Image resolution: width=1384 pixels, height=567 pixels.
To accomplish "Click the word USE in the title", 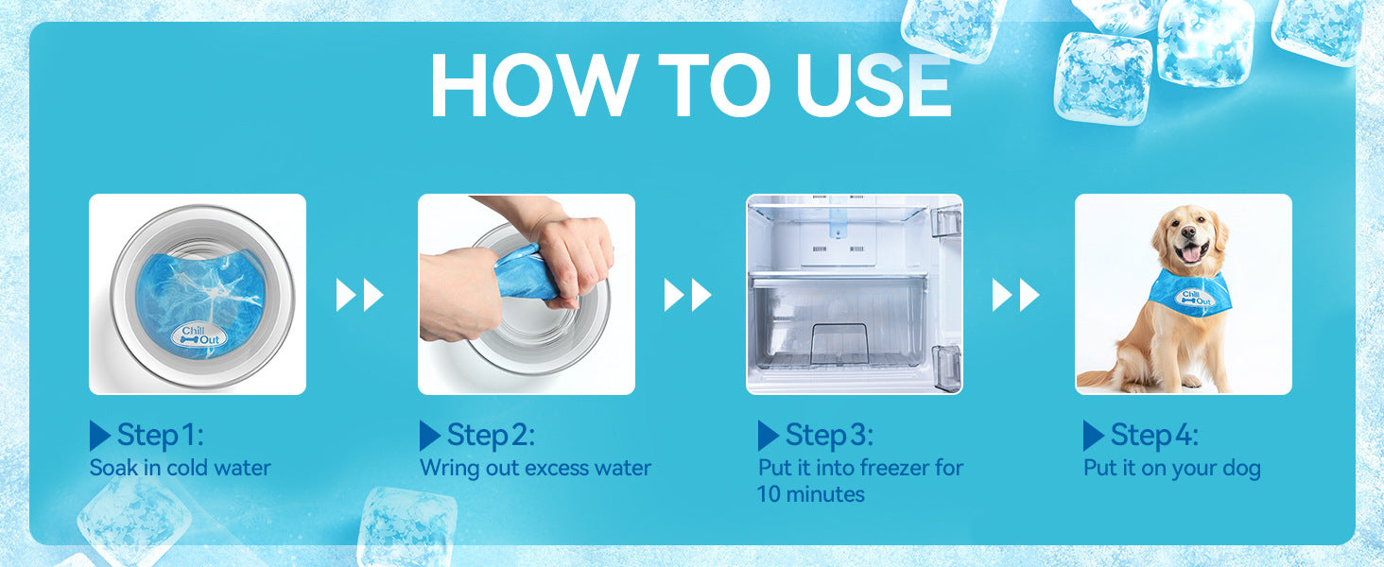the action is tap(873, 85).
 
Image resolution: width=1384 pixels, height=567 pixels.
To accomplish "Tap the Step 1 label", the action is tap(160, 435).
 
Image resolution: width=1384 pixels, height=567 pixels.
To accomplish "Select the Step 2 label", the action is tap(491, 435).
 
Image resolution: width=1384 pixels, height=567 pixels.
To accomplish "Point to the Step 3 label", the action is tap(829, 435).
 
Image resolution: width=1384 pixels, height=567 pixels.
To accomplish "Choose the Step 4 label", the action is tap(1154, 435).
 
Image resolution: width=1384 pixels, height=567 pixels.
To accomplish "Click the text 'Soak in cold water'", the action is tap(180, 468).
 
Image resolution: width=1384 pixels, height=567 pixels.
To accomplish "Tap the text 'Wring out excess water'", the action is tap(535, 468).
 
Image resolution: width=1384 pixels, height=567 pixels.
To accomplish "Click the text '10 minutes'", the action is tap(810, 494).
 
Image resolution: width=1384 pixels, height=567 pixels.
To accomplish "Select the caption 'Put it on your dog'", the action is tap(1171, 468).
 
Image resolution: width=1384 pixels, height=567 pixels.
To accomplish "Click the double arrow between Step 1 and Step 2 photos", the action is tap(359, 295).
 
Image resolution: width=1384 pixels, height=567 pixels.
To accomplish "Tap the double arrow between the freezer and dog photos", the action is tap(1015, 295).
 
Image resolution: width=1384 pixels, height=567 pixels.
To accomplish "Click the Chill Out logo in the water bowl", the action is tap(199, 335).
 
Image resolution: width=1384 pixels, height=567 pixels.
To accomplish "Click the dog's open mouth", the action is tap(1190, 252).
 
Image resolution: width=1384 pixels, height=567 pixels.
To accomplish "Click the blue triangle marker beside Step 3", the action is tap(768, 436).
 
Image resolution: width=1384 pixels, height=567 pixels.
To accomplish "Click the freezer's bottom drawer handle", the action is tap(839, 344).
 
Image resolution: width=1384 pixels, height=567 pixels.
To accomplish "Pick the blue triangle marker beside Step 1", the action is tap(100, 436).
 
